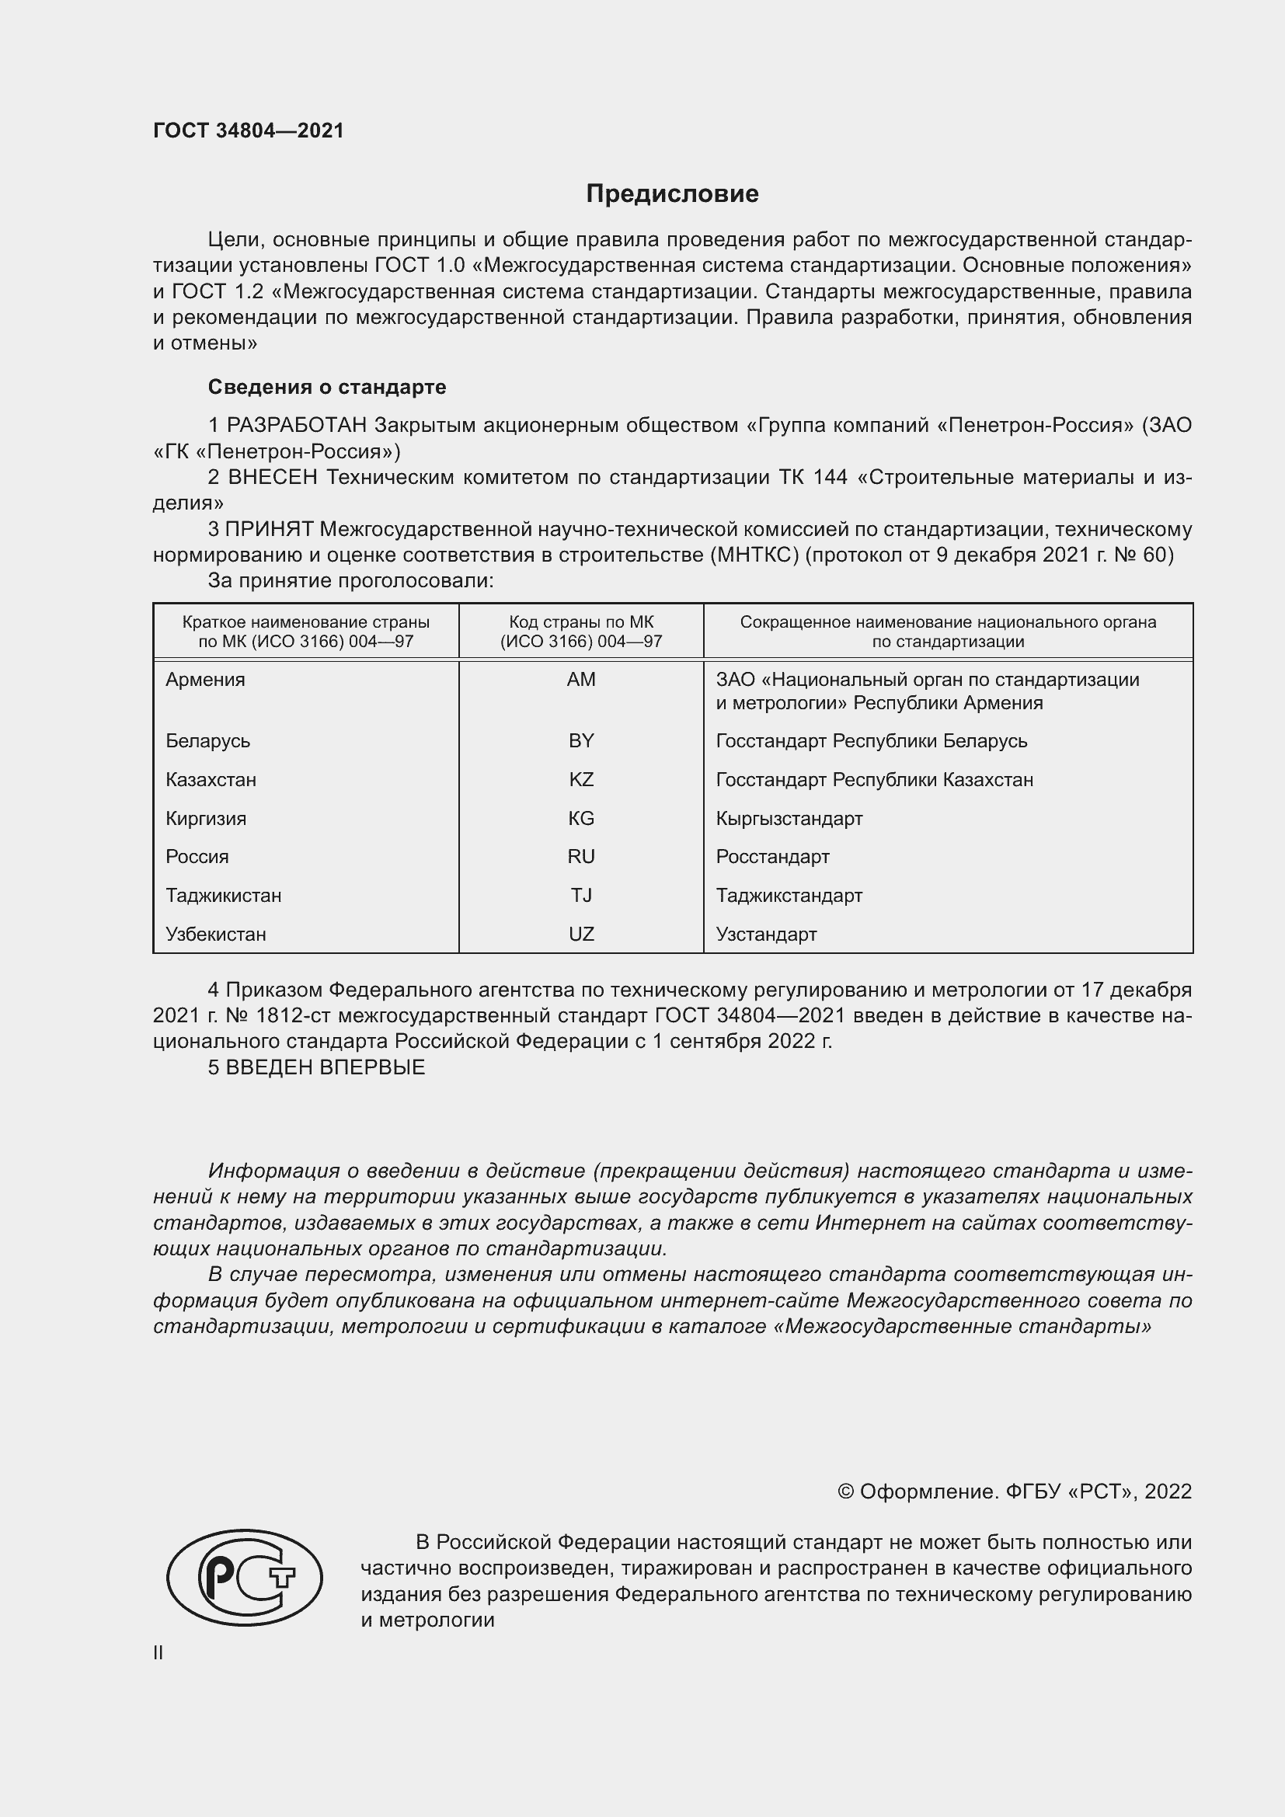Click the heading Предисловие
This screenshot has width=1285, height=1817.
click(672, 194)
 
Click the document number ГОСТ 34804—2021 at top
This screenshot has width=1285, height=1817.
click(249, 131)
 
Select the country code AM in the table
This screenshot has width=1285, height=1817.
click(581, 680)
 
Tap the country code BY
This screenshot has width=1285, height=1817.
click(581, 741)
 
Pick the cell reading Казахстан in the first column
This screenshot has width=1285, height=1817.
click(211, 779)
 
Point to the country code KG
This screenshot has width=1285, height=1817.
click(581, 818)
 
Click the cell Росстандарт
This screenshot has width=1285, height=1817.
click(772, 856)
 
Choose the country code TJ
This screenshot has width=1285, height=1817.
click(581, 895)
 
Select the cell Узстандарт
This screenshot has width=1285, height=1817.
click(766, 934)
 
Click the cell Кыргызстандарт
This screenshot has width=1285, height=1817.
click(789, 818)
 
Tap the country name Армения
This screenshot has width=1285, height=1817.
click(205, 680)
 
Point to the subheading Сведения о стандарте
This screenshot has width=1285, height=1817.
click(327, 387)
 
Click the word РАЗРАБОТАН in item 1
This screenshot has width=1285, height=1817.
click(297, 426)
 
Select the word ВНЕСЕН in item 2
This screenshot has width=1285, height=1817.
click(273, 477)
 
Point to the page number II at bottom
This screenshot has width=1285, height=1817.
click(158, 1652)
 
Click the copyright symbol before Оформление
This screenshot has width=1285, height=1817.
click(845, 1492)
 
